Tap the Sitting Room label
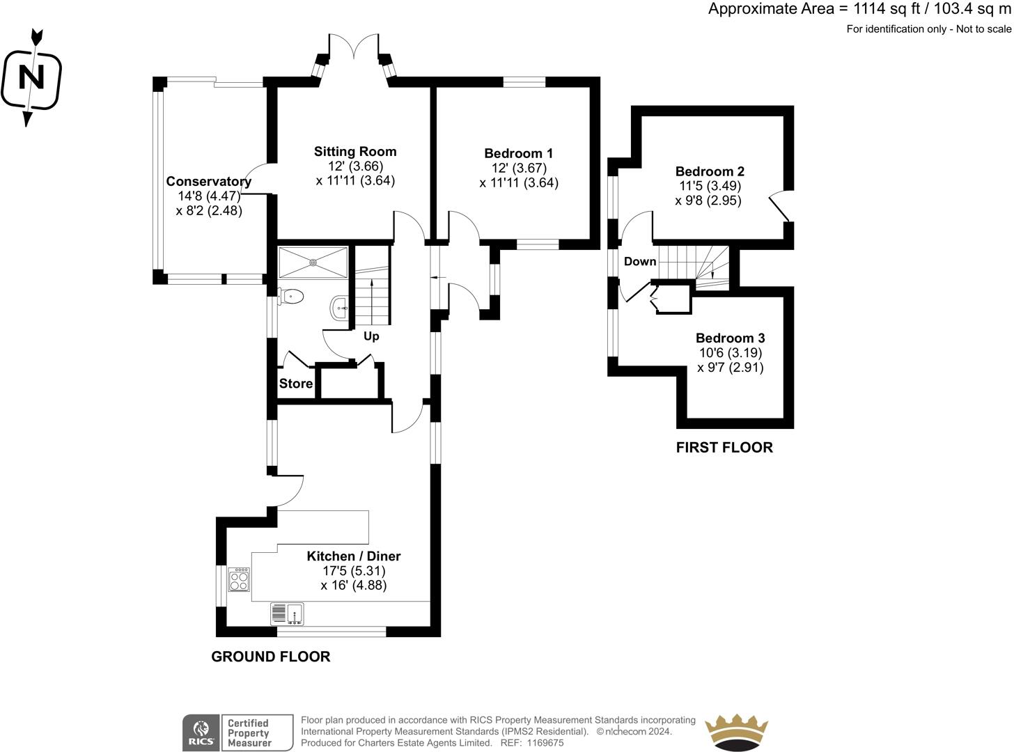coord(355,151)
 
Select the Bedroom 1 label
coord(519,153)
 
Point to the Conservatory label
coord(208,181)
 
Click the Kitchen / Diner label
coord(354,556)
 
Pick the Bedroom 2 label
coord(710,171)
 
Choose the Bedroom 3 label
coord(730,338)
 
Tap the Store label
coord(296,384)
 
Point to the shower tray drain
coord(313,263)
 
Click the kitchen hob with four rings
coord(239,579)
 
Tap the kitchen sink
coord(287,613)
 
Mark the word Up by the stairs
coord(371,336)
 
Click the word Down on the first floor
coord(639,262)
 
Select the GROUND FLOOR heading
coord(271,656)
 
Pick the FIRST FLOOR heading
coord(724,447)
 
